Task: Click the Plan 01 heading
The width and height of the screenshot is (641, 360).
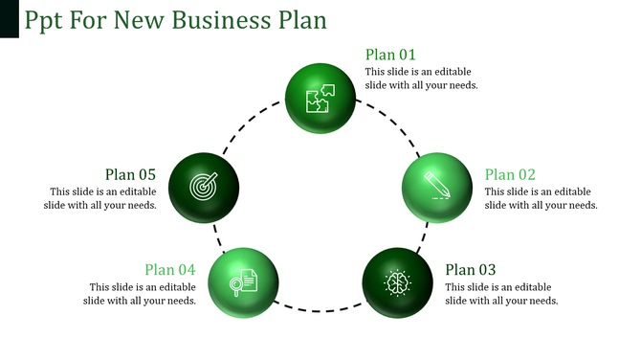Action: click(390, 55)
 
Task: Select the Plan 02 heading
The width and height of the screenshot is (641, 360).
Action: click(510, 174)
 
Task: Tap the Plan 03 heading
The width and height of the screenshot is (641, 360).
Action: click(471, 270)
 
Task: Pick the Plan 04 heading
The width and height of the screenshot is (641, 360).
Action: click(170, 270)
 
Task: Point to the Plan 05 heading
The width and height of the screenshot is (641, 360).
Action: click(130, 174)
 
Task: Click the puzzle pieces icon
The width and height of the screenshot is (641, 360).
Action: click(320, 98)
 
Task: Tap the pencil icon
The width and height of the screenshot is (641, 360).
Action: click(436, 184)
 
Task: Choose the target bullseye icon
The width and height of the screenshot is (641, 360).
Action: click(203, 185)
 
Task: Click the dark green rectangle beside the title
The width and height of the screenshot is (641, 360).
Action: click(10, 19)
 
